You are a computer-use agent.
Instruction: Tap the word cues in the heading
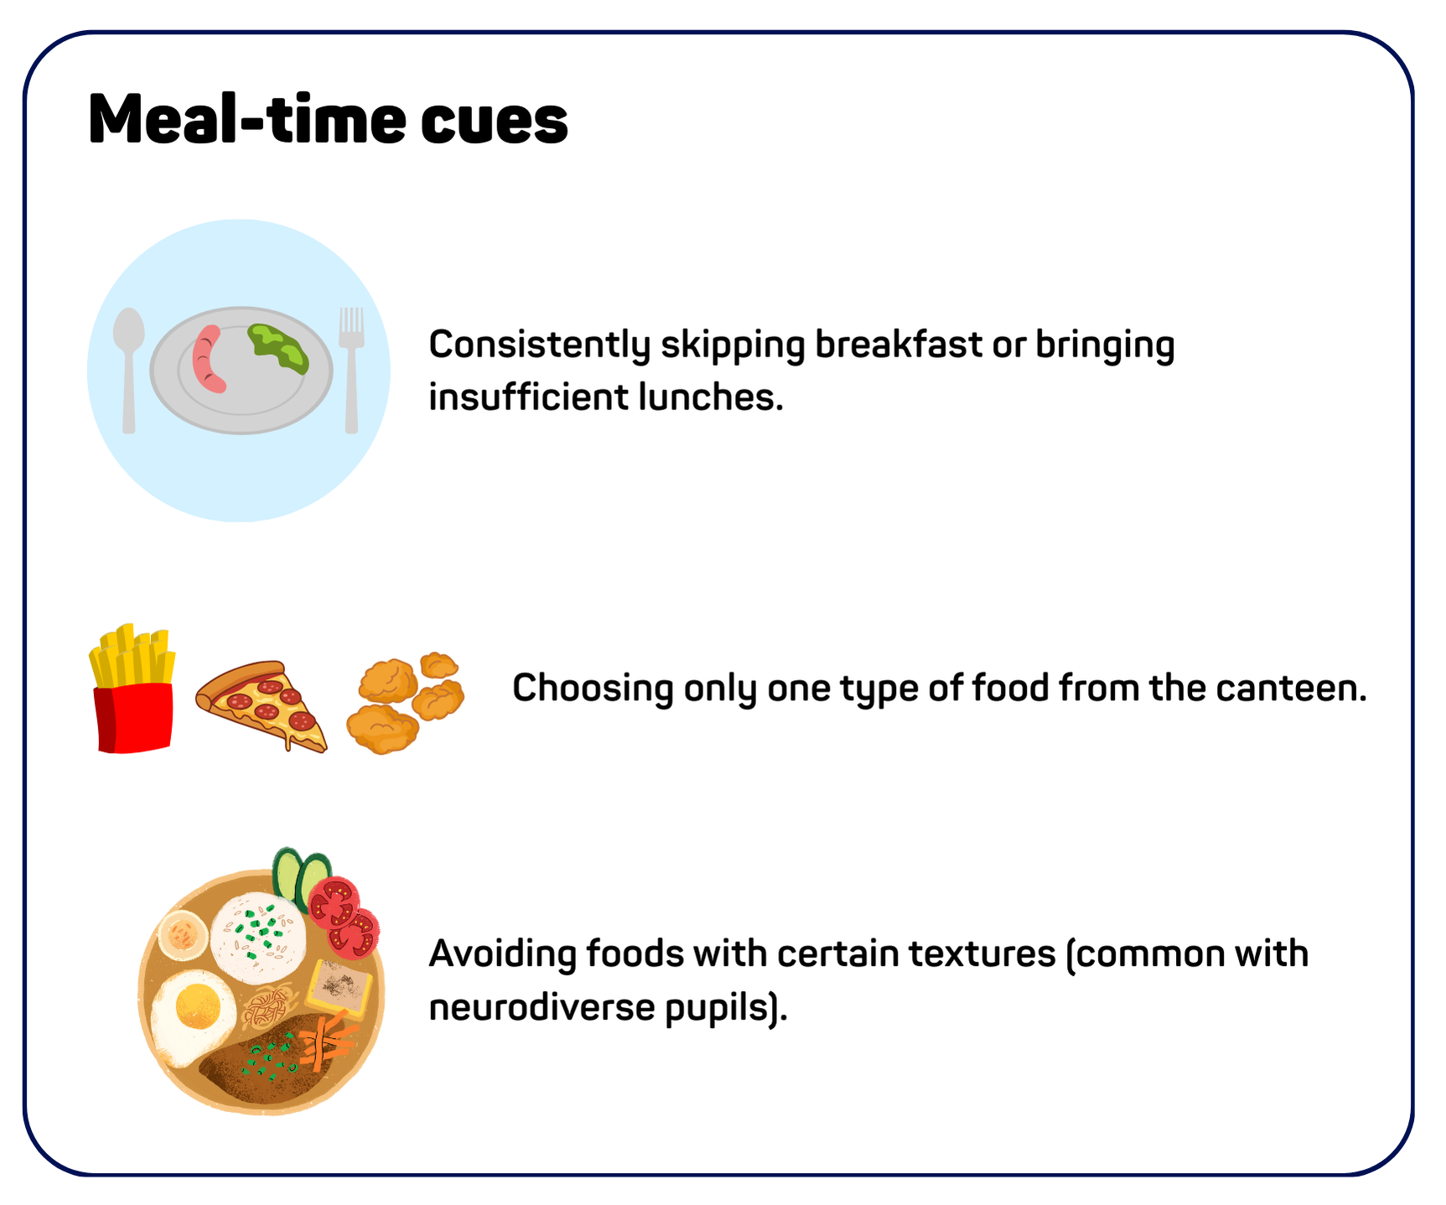click(x=495, y=122)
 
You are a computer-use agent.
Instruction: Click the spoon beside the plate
click(x=128, y=369)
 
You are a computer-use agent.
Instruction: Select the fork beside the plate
click(x=351, y=370)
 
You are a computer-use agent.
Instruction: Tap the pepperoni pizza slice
click(x=262, y=704)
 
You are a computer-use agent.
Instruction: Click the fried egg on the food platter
click(x=193, y=1014)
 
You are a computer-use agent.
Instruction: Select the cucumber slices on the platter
click(x=300, y=877)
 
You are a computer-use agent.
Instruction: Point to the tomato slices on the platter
click(x=344, y=917)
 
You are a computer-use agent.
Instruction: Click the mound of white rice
click(x=258, y=938)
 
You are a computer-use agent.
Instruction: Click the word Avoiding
click(x=502, y=954)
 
